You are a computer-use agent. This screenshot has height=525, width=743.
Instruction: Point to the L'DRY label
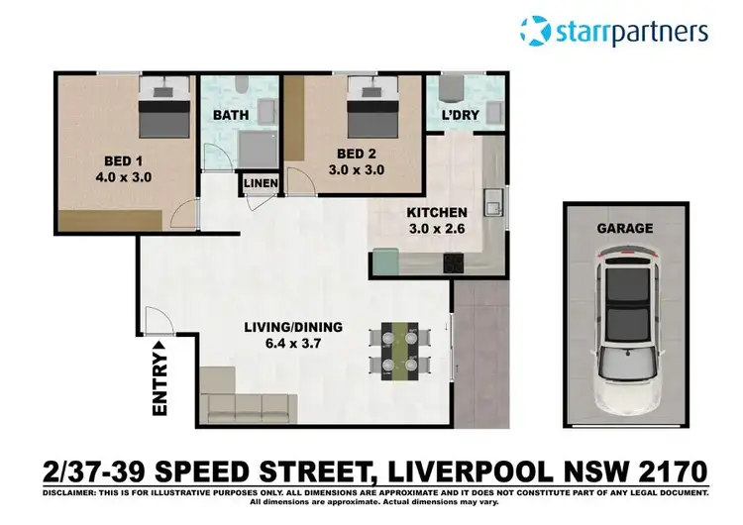point(460,115)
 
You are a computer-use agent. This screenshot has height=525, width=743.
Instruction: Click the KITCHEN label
point(436,212)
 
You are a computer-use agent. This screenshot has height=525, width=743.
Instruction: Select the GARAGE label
point(624,228)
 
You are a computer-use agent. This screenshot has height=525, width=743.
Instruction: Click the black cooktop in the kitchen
point(455,263)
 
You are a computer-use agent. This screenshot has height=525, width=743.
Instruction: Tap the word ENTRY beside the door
point(158,381)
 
